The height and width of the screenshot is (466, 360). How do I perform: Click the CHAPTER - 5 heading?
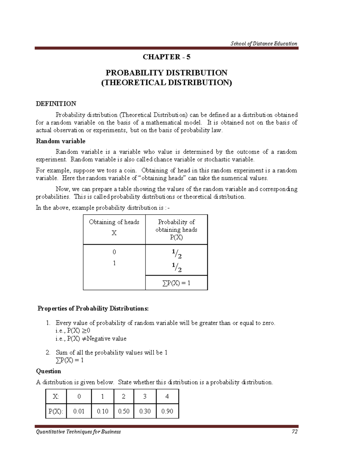coord(166,57)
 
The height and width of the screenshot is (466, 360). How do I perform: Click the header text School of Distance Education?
coord(264,44)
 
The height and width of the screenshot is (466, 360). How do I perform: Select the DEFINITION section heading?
coord(56,104)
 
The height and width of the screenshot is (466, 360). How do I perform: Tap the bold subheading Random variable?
coord(61,141)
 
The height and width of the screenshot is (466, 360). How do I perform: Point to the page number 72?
coord(294,432)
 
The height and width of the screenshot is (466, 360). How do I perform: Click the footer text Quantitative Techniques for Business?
coord(78,432)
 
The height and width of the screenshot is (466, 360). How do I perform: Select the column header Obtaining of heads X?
coord(114,227)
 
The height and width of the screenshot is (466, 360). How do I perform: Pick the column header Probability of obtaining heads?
coord(176,230)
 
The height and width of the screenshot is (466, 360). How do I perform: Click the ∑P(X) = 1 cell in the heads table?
coord(176,283)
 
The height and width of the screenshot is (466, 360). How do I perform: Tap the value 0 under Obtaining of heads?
coord(114,252)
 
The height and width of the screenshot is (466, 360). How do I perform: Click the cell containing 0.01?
coord(79,411)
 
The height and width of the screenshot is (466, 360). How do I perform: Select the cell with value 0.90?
coord(167,411)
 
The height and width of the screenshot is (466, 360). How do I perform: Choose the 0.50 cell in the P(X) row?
coord(124,411)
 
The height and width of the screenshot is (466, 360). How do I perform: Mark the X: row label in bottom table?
coord(56,397)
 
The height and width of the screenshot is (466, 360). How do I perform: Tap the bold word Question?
coord(49,371)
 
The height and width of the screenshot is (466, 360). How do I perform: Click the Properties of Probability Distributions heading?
coord(93,309)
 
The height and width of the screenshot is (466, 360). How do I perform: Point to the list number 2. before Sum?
coord(48,353)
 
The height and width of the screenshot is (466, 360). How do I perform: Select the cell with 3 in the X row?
coord(145,397)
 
